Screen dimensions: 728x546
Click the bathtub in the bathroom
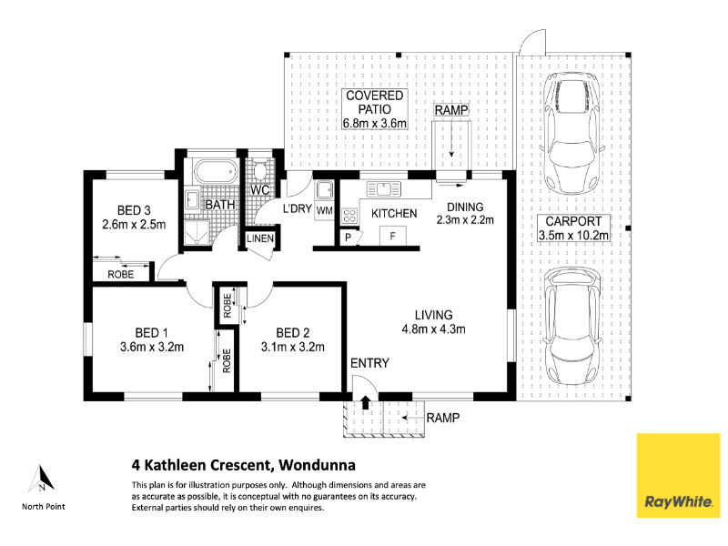[216, 171]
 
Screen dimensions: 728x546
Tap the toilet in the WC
[260, 170]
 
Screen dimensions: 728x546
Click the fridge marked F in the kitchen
[393, 236]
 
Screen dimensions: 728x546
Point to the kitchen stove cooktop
[349, 215]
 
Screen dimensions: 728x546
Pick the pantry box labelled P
[348, 238]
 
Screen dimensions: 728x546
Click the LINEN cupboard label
[260, 238]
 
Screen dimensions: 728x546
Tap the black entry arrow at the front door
[365, 402]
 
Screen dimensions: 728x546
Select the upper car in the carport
[572, 133]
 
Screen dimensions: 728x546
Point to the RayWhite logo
[678, 475]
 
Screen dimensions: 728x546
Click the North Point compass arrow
[42, 479]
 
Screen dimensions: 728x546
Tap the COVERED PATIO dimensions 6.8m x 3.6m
[375, 124]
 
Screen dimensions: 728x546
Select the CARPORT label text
[573, 221]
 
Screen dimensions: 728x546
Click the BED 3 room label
[134, 210]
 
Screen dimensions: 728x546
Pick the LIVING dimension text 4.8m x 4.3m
[434, 329]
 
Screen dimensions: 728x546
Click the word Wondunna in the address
[317, 465]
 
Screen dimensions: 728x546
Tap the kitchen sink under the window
[383, 189]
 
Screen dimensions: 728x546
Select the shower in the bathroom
[197, 233]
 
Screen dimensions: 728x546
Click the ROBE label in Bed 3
[121, 275]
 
